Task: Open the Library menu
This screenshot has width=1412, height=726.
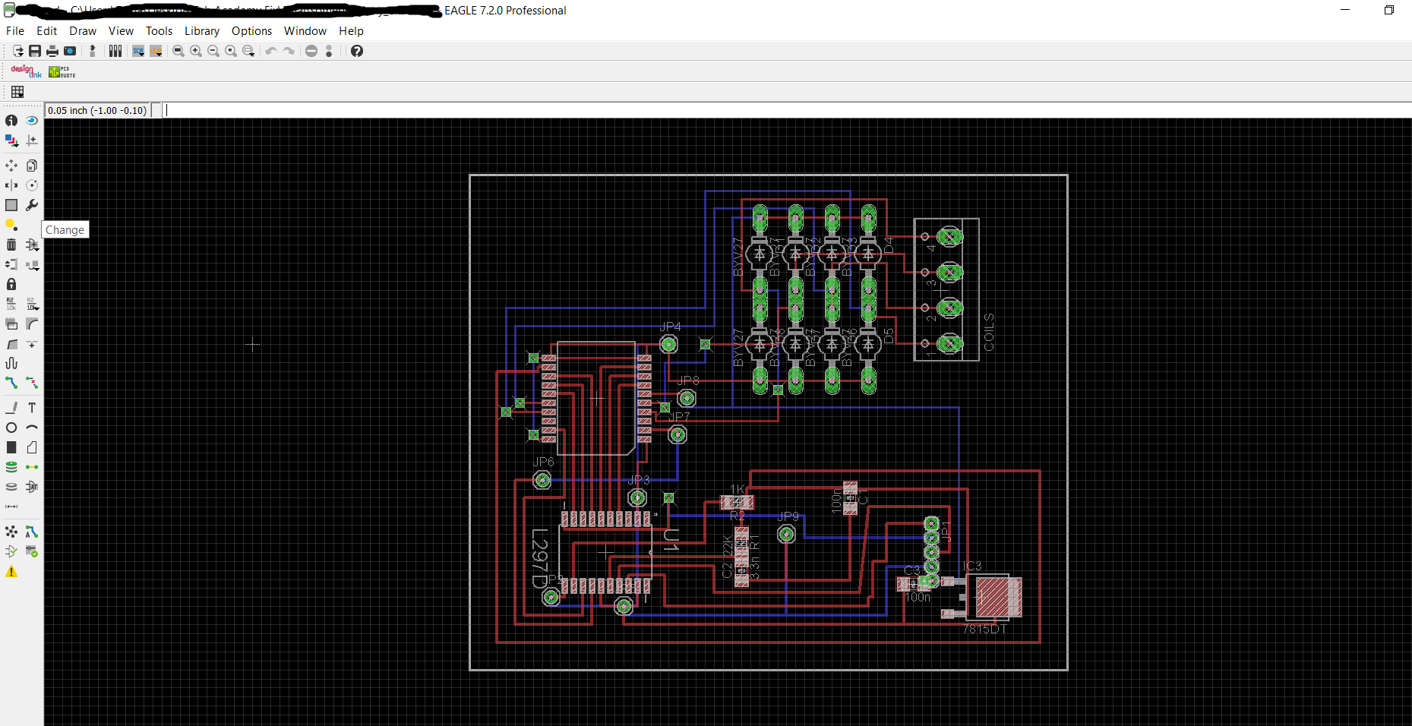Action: tap(201, 31)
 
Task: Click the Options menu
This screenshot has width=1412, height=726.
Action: tap(251, 31)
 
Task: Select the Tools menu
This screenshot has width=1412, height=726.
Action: tap(159, 31)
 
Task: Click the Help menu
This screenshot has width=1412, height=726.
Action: tap(351, 31)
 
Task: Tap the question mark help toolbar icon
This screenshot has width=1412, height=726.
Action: tap(357, 51)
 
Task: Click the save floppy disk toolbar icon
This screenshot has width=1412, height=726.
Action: tap(35, 51)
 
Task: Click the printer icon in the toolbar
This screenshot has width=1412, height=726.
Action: tap(52, 51)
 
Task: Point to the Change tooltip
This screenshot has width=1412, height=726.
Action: tap(65, 229)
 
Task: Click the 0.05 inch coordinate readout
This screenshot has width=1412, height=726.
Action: tap(97, 110)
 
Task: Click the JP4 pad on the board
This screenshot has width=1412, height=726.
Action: tap(668, 345)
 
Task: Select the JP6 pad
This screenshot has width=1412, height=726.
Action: tap(542, 480)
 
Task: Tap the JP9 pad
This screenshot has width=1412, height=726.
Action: tap(787, 535)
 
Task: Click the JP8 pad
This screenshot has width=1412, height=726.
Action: tap(687, 398)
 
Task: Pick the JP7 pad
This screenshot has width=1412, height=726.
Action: tap(678, 434)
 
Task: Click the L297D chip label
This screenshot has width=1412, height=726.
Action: tap(539, 558)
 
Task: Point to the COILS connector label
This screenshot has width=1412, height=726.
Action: tap(988, 332)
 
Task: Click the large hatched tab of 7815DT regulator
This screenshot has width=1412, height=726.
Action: tap(998, 597)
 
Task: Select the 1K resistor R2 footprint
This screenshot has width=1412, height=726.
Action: tap(737, 502)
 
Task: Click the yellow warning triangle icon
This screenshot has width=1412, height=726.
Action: tap(11, 572)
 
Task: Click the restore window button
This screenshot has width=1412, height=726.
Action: tap(1388, 10)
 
